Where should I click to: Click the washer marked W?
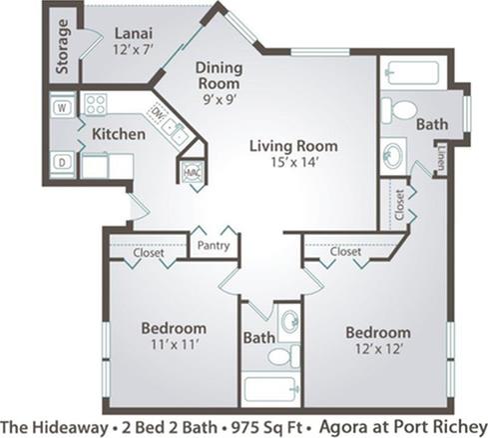point(60,105)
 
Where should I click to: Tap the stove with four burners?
point(97,104)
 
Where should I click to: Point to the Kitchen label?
point(121,133)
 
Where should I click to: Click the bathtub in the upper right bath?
point(415,75)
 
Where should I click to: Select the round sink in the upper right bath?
point(395,156)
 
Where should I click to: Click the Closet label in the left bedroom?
point(149,253)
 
